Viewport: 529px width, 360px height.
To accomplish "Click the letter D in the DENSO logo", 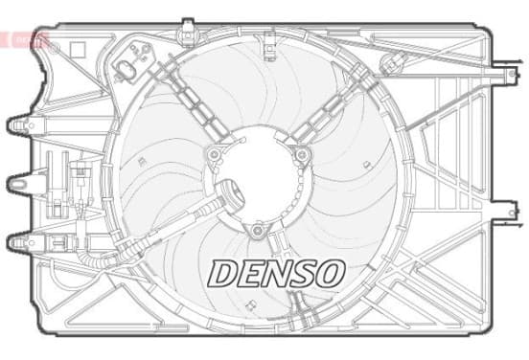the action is tap(223, 274).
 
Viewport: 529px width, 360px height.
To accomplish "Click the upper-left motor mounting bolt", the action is tap(214, 155).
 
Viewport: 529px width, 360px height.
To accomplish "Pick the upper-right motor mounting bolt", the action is tap(301, 155).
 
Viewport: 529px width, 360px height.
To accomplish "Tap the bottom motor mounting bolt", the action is tap(258, 231).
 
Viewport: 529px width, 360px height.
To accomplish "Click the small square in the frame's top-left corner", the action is tap(78, 49).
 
